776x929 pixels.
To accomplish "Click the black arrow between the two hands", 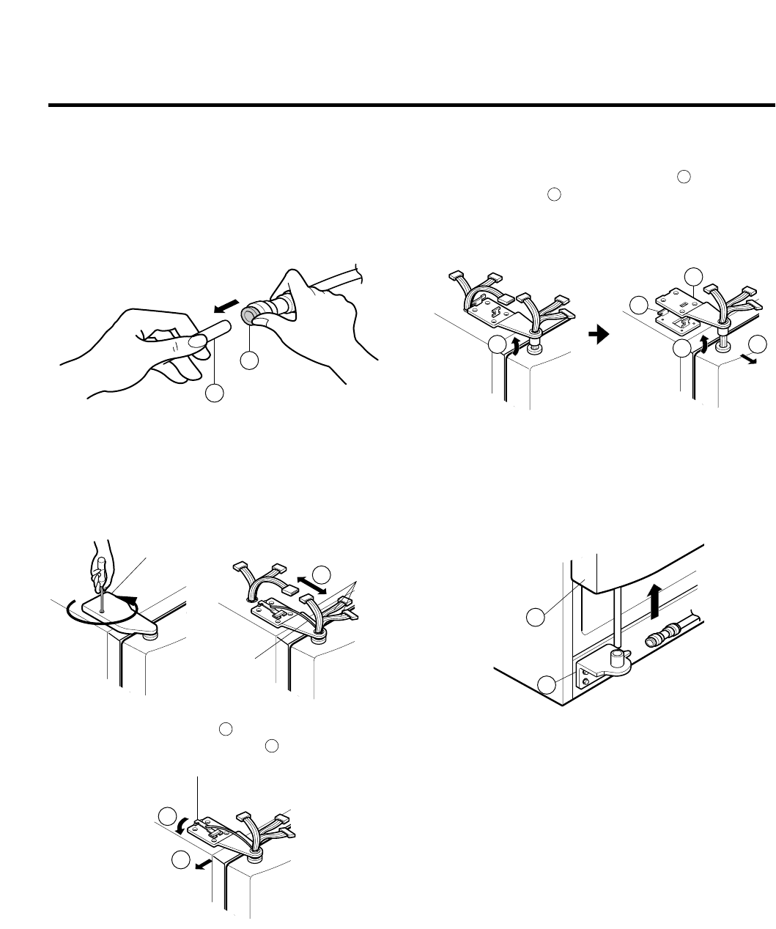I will [x=226, y=302].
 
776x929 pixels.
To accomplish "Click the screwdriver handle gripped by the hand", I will [x=100, y=565].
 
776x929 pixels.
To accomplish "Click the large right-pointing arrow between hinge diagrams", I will [x=598, y=334].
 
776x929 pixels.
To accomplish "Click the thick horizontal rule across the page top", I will [x=411, y=106].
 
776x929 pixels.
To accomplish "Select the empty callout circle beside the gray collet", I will [x=250, y=360].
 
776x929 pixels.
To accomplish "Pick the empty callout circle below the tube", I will [x=214, y=393].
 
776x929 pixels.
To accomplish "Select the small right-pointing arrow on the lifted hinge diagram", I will [x=748, y=360].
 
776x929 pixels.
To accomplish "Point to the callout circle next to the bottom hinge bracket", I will [x=546, y=686].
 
